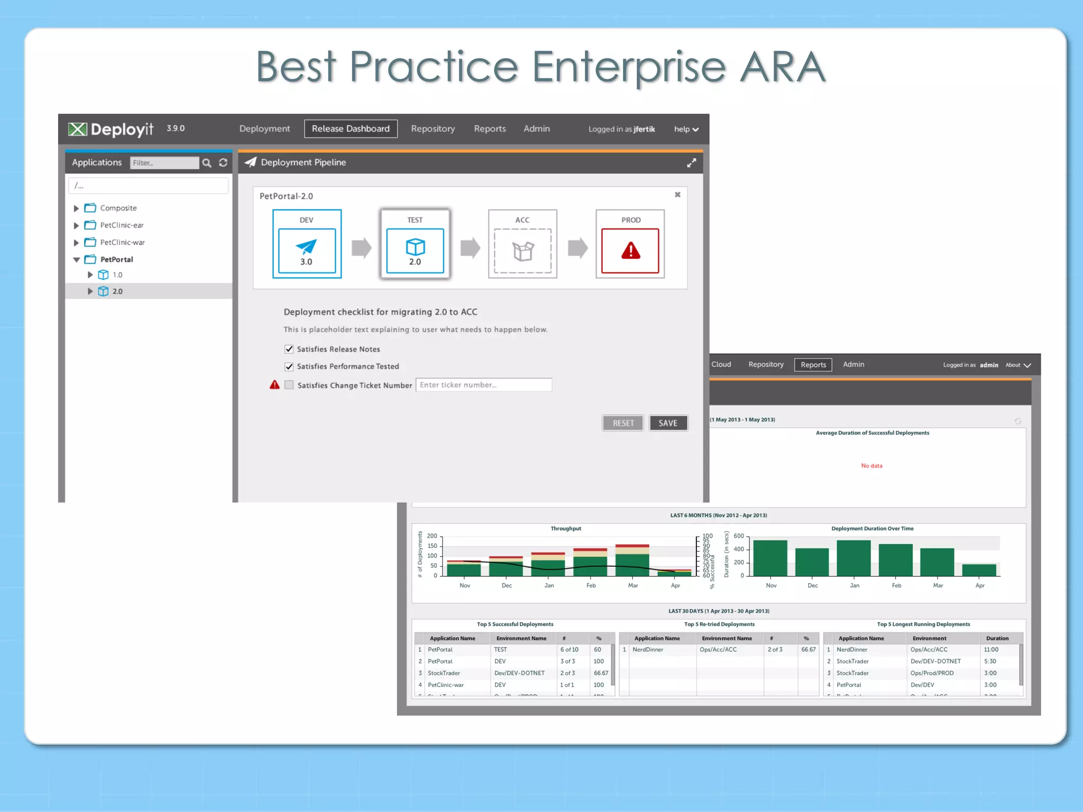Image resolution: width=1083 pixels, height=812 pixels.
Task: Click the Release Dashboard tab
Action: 351,128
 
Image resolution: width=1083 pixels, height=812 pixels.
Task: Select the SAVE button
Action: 668,423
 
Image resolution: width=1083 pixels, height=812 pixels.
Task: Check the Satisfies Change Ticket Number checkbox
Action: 289,385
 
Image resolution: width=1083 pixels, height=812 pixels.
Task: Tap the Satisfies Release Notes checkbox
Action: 289,349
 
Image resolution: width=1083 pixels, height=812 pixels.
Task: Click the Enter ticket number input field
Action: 483,385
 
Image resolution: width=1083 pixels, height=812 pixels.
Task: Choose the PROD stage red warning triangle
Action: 630,251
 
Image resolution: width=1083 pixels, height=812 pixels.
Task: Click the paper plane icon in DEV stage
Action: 306,246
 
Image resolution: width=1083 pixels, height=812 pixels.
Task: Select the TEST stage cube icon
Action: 415,246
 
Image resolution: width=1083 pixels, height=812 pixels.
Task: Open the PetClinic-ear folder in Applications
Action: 122,225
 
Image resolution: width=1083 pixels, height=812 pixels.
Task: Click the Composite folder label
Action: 118,208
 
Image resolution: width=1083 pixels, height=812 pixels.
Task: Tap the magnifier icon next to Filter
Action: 207,163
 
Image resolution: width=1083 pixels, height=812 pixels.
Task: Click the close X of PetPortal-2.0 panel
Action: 677,195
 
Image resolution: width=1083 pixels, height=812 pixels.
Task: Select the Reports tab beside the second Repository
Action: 813,365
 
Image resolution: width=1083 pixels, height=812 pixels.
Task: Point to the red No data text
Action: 871,466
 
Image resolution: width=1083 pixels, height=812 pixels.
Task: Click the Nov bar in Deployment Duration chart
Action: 770,558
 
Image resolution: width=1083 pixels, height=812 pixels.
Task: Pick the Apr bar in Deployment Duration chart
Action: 979,570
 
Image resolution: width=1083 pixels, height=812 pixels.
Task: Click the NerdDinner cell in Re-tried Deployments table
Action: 648,650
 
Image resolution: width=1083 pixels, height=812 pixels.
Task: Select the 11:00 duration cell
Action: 991,650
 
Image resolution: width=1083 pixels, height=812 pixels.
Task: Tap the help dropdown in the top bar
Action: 686,129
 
